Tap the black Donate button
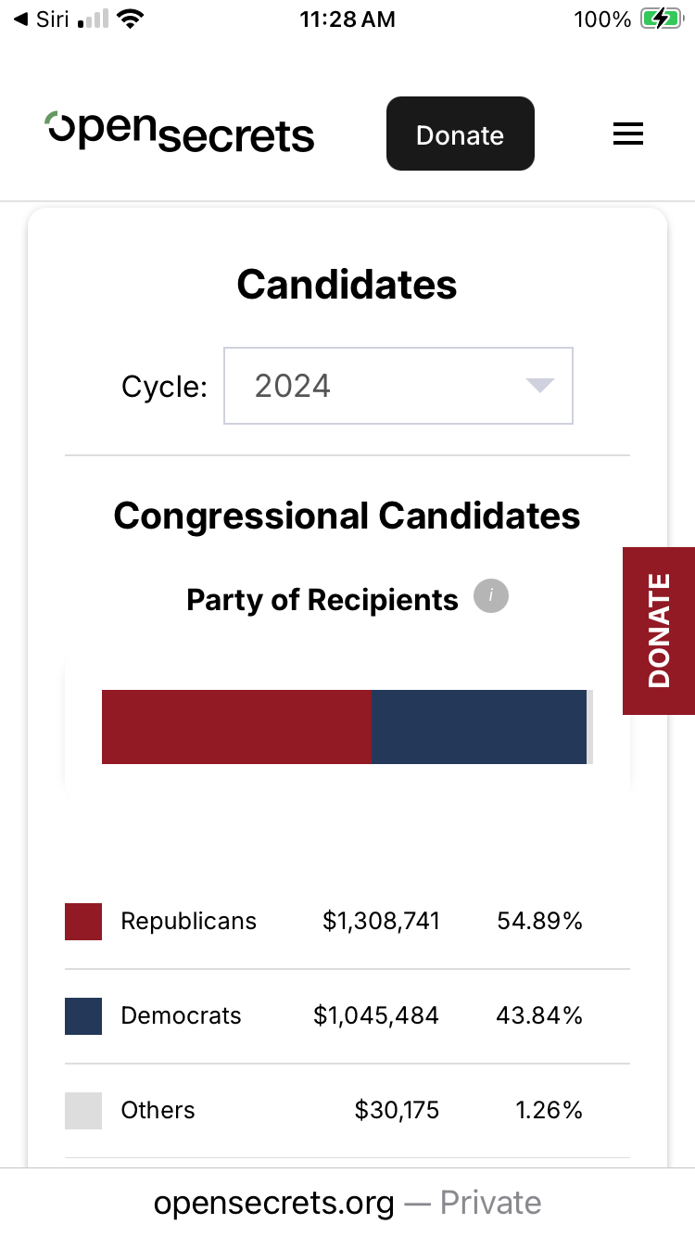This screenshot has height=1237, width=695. coord(460,134)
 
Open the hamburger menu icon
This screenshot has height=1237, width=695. coord(628,134)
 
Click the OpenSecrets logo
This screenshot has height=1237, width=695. coord(181,133)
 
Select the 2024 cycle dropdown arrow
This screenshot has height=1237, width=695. coord(539,386)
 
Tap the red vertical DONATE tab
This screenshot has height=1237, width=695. coord(659,631)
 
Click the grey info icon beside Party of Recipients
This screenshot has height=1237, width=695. coord(491,596)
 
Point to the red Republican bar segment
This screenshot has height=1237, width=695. coord(236,727)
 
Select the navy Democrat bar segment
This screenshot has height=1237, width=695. coord(479,727)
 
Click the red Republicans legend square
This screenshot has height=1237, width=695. coord(83,922)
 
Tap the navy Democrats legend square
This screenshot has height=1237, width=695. coord(83,1016)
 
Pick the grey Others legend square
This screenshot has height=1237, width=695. coord(83,1111)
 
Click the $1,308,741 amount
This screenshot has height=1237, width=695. coord(381,921)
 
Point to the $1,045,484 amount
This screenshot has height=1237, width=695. coord(376,1015)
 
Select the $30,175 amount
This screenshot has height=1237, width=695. coord(397,1110)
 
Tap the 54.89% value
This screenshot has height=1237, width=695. coord(539,921)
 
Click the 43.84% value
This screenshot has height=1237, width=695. coord(539,1015)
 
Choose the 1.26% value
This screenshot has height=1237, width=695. coord(548,1110)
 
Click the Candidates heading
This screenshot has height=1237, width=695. coord(347,285)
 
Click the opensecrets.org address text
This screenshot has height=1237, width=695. coord(274,1203)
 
